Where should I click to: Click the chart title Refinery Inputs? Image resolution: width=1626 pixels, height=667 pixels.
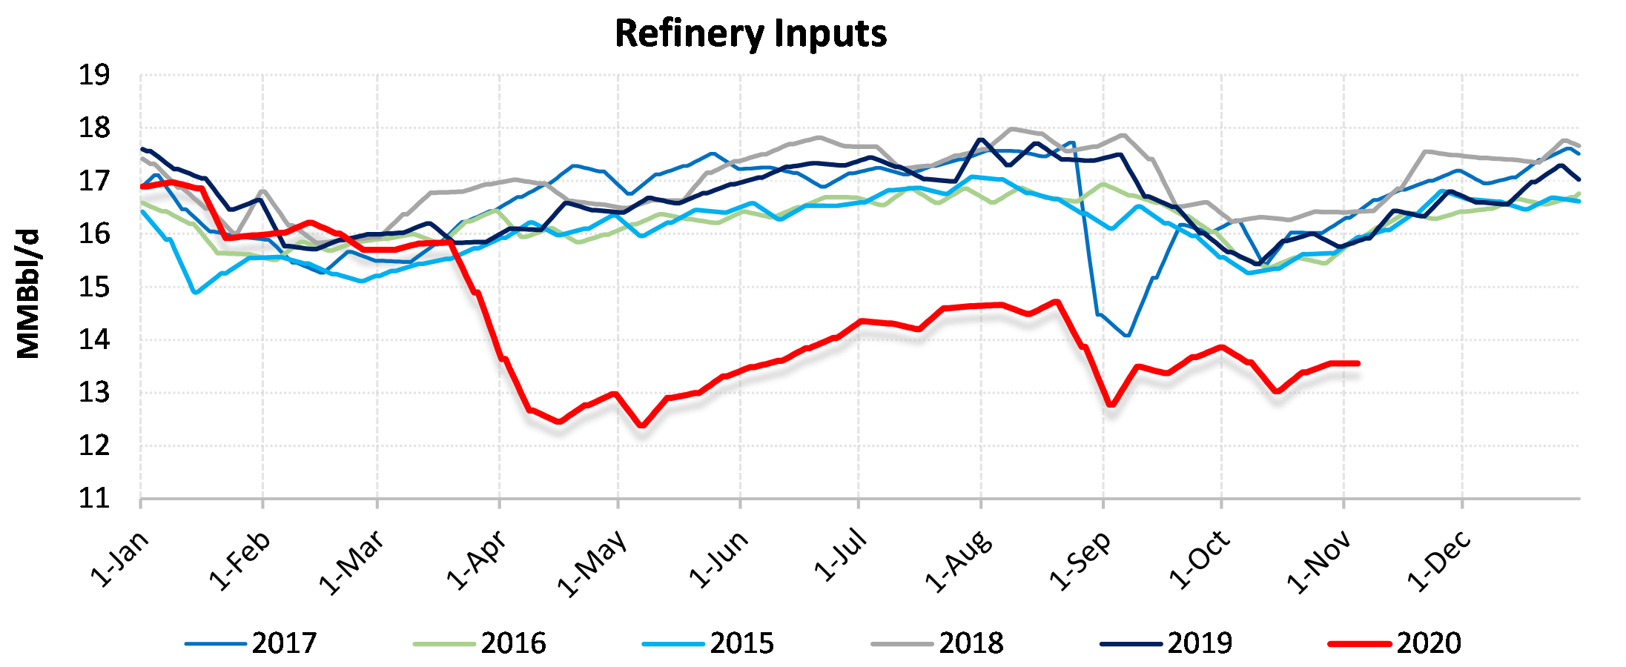[x=750, y=34]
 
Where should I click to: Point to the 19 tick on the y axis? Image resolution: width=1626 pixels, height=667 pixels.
[x=94, y=76]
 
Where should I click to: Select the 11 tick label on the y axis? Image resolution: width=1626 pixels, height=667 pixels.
[x=94, y=499]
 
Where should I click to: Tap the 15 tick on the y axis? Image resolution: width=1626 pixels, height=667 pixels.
[x=94, y=288]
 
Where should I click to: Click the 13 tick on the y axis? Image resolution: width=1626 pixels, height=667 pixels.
[x=94, y=393]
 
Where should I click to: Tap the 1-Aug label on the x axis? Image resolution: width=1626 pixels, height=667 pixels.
[x=958, y=562]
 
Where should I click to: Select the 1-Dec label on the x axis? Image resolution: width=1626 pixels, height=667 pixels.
[x=1439, y=562]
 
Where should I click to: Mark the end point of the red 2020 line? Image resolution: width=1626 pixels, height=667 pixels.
[x=1358, y=363]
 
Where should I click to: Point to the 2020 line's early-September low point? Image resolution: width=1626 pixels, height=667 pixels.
[x=1111, y=405]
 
